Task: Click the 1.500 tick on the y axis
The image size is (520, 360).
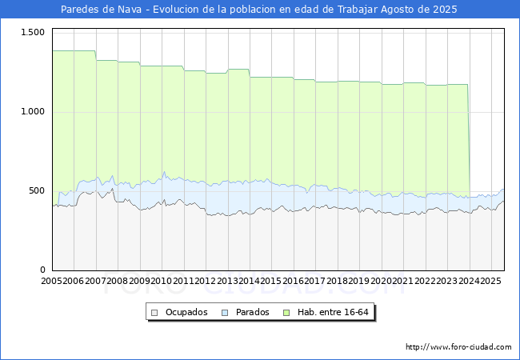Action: tap(33, 31)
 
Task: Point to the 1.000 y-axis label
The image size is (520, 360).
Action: tap(33, 111)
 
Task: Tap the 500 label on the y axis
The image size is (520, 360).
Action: tap(38, 190)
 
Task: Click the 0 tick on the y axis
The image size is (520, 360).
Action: tap(43, 270)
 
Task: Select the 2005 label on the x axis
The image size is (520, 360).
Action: tap(52, 281)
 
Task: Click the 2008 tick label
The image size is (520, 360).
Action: tap(118, 281)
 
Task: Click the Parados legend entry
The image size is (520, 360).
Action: tap(252, 312)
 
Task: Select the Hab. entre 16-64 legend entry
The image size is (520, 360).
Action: tap(337, 312)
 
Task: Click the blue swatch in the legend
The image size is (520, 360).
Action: tap(225, 312)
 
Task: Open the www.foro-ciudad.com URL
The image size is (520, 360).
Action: tap(458, 347)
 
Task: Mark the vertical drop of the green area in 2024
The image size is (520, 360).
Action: tap(469, 140)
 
